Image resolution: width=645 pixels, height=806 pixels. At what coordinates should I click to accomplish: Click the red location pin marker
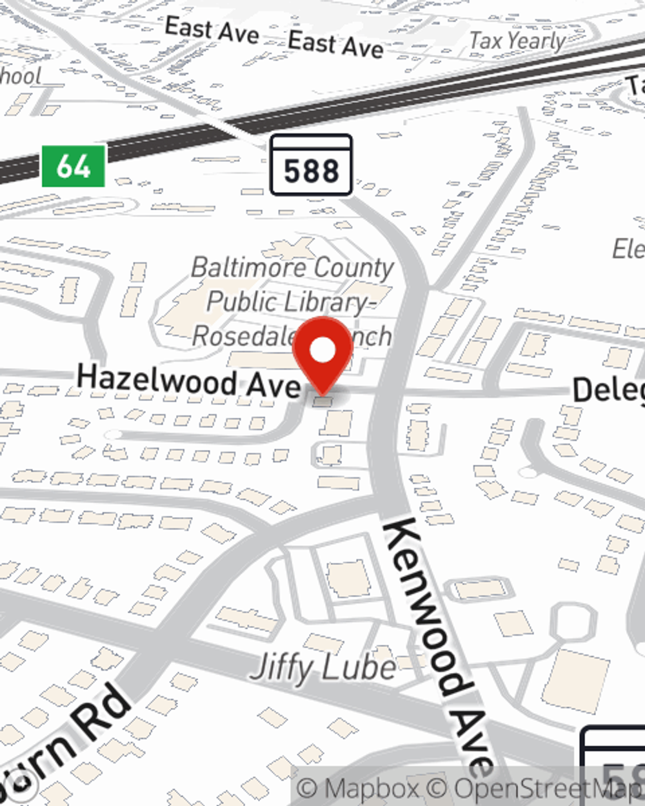(x=322, y=355)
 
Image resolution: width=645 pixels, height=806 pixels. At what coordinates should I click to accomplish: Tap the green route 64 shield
(x=73, y=166)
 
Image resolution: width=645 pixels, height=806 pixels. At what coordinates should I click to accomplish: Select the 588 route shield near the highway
(x=311, y=165)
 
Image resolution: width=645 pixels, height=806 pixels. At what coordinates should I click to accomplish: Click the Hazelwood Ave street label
(x=188, y=381)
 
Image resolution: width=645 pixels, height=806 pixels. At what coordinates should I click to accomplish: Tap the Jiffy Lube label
(x=322, y=667)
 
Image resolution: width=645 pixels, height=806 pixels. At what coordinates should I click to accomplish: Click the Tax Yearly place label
(x=517, y=41)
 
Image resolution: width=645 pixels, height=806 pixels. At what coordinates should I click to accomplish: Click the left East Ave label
(x=212, y=30)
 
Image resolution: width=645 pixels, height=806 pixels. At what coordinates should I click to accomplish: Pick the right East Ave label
(x=335, y=44)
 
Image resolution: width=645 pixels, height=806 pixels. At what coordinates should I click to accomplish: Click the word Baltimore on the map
(x=247, y=267)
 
